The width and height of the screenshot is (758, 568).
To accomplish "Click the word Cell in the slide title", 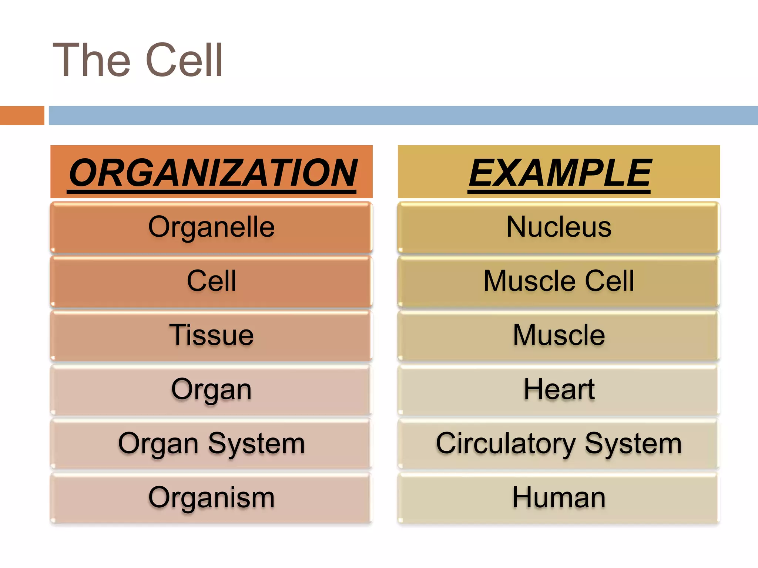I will click(184, 60).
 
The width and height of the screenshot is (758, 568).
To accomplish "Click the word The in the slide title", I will click(92, 60).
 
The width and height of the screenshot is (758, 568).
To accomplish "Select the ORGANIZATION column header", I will click(212, 172).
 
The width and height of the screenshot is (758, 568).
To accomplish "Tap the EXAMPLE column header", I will click(559, 172).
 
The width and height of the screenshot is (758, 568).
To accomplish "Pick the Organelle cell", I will click(211, 227).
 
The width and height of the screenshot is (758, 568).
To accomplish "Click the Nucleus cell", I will click(559, 227).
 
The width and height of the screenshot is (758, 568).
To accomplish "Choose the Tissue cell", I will click(211, 335).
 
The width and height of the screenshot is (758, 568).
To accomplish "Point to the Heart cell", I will click(559, 389).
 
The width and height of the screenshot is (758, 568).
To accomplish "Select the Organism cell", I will click(211, 498).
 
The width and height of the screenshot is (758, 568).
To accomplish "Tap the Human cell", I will click(559, 498).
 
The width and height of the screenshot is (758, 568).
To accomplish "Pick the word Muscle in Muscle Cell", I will click(530, 281).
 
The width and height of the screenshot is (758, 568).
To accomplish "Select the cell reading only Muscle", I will click(559, 335).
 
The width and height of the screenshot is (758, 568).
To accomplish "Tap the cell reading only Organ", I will click(211, 389).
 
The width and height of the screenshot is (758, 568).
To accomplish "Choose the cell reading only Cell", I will click(211, 281).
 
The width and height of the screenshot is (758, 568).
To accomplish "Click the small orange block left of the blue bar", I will click(22, 115).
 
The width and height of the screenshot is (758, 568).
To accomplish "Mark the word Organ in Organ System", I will click(158, 443).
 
